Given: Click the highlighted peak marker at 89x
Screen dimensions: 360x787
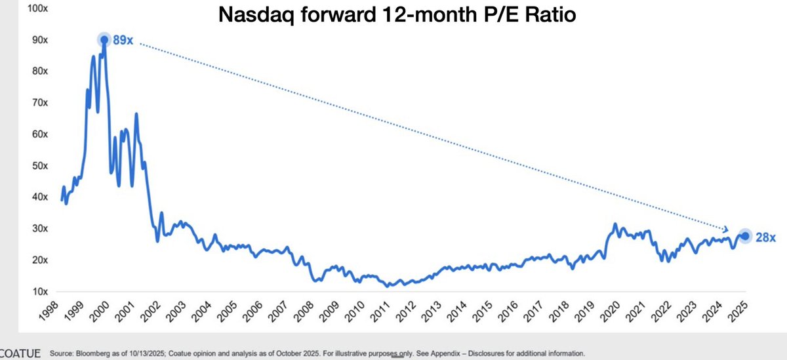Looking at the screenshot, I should [104, 40].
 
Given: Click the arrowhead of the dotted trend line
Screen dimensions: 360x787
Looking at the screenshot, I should [725, 229].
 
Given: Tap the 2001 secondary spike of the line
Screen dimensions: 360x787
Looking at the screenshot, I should [136, 115].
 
